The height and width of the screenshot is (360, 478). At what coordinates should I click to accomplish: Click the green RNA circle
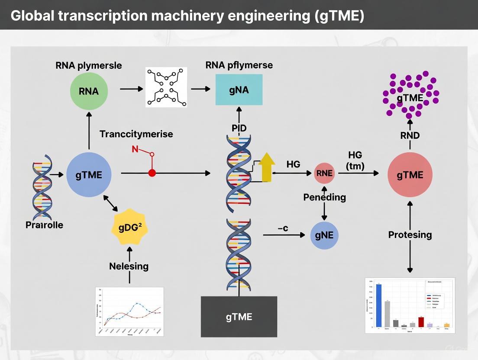coord(89,91)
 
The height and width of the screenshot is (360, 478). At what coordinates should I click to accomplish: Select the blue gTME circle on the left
coord(89,175)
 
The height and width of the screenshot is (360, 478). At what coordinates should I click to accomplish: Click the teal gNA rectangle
coord(239,90)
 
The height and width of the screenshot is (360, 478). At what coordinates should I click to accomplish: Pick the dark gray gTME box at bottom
coord(239,316)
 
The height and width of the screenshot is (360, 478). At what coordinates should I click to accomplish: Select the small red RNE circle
coord(324,174)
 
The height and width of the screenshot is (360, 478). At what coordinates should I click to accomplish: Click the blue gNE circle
coord(324,235)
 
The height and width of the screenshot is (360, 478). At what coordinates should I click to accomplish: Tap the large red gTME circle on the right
coord(410,175)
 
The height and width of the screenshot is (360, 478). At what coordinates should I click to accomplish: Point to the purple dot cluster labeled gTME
coord(410,95)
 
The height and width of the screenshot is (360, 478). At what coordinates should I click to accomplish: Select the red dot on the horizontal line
coord(152,173)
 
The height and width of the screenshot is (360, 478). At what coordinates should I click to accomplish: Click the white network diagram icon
coord(166,87)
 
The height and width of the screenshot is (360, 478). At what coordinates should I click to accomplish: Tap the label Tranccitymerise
coord(136,134)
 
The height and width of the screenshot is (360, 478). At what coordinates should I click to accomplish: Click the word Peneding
coord(324,197)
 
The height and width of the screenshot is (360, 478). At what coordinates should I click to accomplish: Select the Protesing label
coord(410,235)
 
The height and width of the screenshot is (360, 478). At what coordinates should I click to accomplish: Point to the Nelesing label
coord(129,266)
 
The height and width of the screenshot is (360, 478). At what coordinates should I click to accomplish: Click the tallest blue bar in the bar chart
coord(378,305)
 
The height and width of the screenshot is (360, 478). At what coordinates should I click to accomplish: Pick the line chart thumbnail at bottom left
coord(129,312)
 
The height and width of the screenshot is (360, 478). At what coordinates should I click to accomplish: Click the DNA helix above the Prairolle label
coord(42,187)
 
